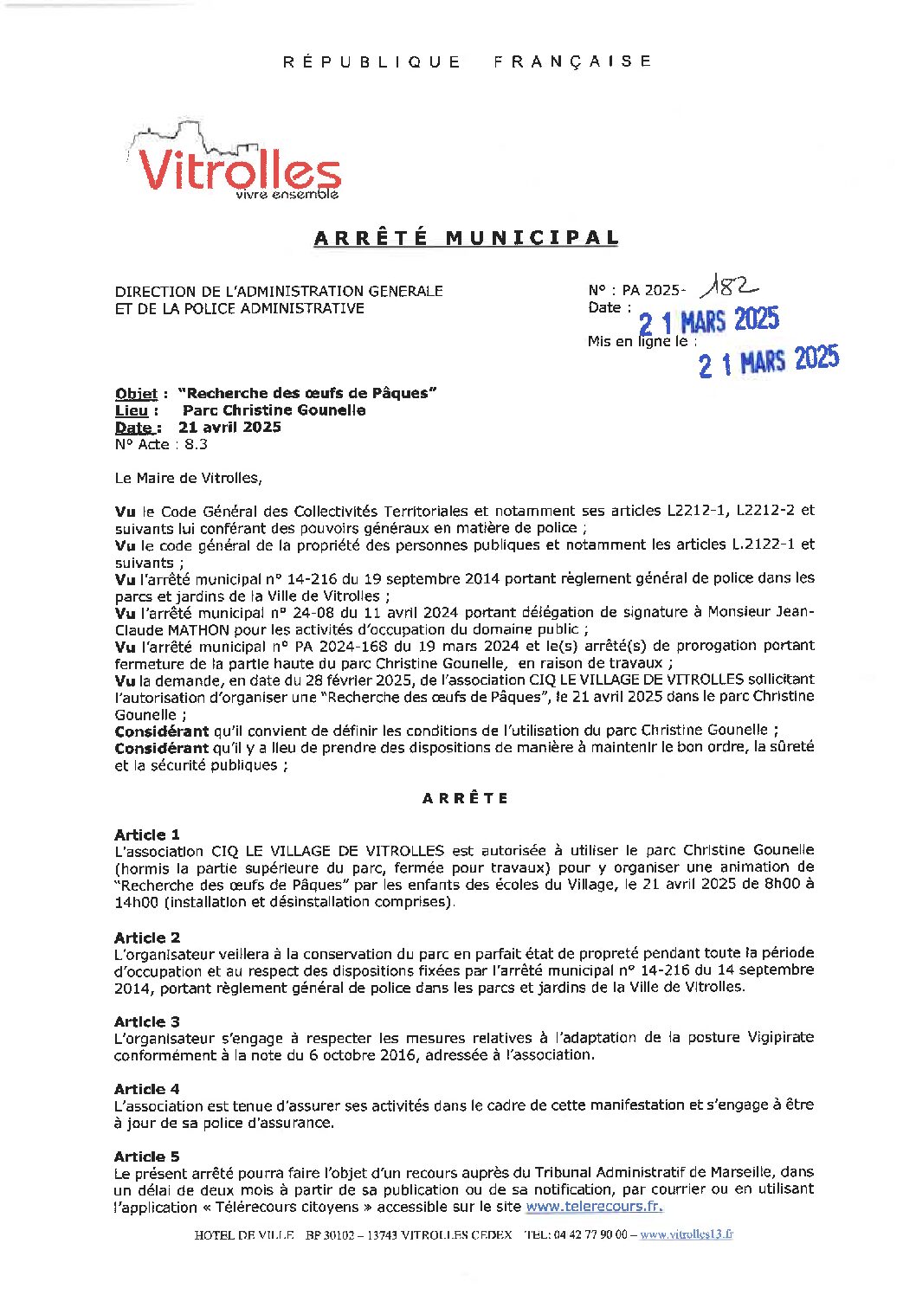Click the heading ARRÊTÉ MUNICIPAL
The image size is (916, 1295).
[x=466, y=238]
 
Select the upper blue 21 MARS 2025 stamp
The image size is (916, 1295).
[x=708, y=321]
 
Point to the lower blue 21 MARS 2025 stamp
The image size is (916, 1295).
[x=769, y=361]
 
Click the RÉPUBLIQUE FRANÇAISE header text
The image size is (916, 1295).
[x=467, y=61]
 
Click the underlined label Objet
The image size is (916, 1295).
[x=136, y=394]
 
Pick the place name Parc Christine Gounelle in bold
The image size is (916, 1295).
[x=274, y=410]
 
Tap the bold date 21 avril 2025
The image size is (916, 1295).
[x=229, y=427]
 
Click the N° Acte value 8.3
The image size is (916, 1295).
[x=196, y=444]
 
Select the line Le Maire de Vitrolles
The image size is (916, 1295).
[x=188, y=478]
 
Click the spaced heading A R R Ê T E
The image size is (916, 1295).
[x=465, y=798]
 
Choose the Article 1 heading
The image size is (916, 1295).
[x=147, y=834]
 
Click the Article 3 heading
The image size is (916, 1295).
[x=147, y=1021]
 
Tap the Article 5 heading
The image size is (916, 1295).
[x=147, y=1156]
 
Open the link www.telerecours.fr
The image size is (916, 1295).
[x=594, y=1207]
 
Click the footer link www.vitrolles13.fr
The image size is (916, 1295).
[x=686, y=1235]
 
